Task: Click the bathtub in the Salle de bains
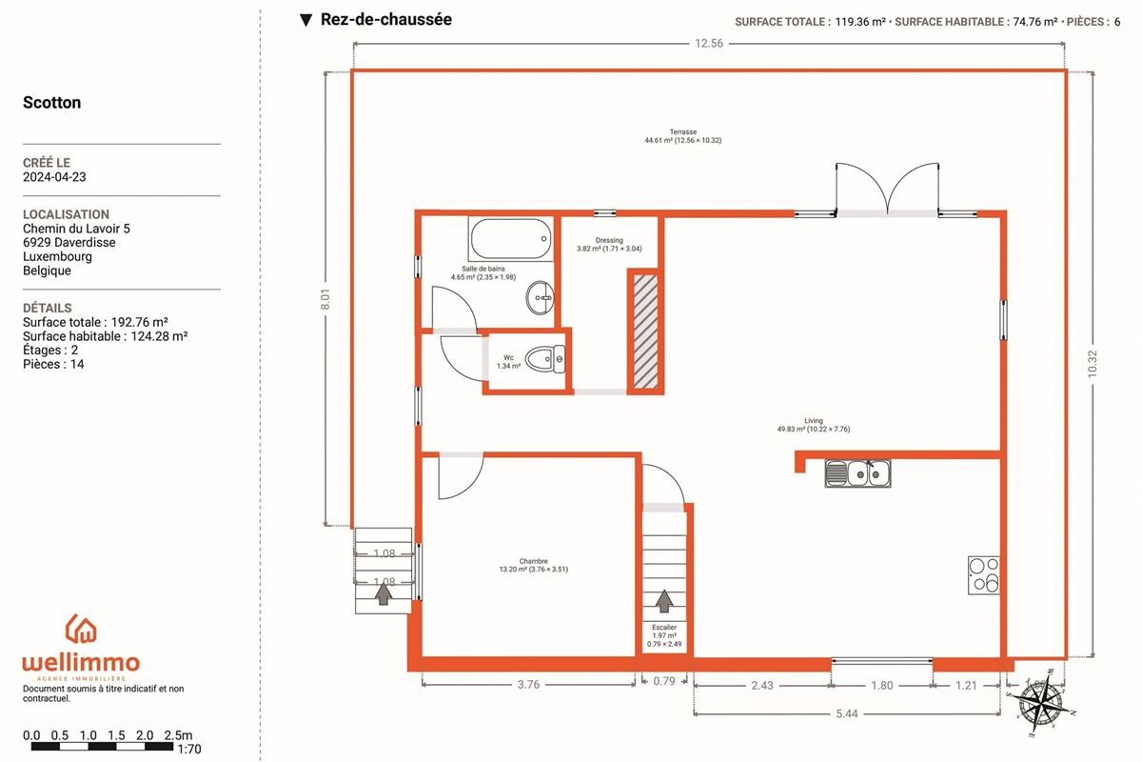coord(511,238)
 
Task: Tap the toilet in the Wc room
coord(545,359)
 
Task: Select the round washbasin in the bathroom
coord(540,297)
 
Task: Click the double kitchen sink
coord(858,473)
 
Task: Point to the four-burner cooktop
coord(983,575)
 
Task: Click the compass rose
coord(1040,704)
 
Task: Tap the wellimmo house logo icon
coord(81,630)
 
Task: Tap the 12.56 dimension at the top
coord(709,44)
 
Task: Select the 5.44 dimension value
coord(847,713)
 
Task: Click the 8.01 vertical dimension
coord(325,299)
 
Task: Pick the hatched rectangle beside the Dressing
coord(645,331)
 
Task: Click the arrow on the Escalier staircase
coord(664,601)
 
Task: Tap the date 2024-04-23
coord(54,176)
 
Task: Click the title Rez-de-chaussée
coord(386,19)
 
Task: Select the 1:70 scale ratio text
coord(189,749)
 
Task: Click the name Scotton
coord(52,102)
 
